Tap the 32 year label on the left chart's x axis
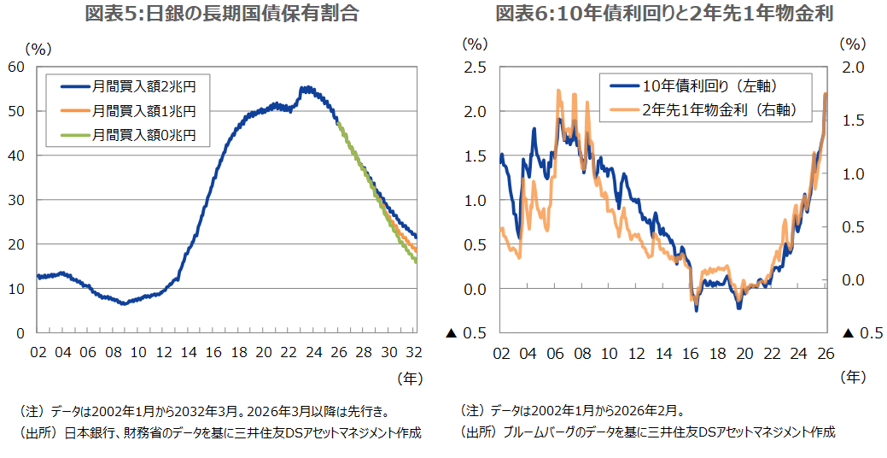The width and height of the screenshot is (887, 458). (x=414, y=352)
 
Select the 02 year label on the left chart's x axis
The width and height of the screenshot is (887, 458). (x=38, y=352)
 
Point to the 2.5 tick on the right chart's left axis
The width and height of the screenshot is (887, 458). (x=476, y=67)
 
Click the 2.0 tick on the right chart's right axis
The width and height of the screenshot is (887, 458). (x=854, y=67)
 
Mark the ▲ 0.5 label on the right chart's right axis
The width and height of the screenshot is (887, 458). (x=862, y=333)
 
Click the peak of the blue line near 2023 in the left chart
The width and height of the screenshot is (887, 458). (x=304, y=88)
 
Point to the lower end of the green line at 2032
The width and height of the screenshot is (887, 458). (x=416, y=262)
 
